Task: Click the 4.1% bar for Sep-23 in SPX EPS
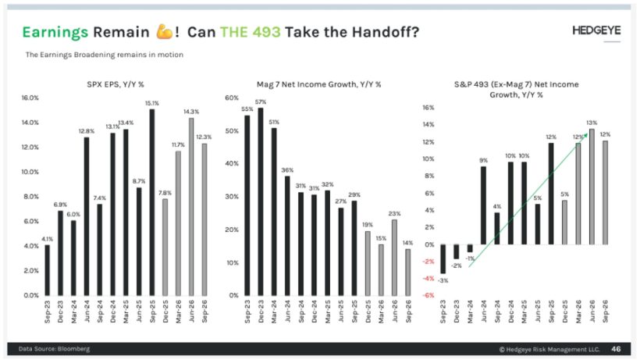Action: coord(47,269)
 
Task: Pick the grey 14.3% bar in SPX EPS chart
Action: coord(191,206)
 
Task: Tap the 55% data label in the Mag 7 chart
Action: coord(247,109)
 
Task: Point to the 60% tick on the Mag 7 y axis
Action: coord(232,98)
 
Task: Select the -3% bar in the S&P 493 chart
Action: coord(443,258)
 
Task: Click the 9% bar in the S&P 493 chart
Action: coord(484,205)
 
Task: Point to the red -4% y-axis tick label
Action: coord(428,279)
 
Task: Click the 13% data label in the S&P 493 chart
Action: coord(592,123)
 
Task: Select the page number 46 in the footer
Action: coord(615,348)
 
